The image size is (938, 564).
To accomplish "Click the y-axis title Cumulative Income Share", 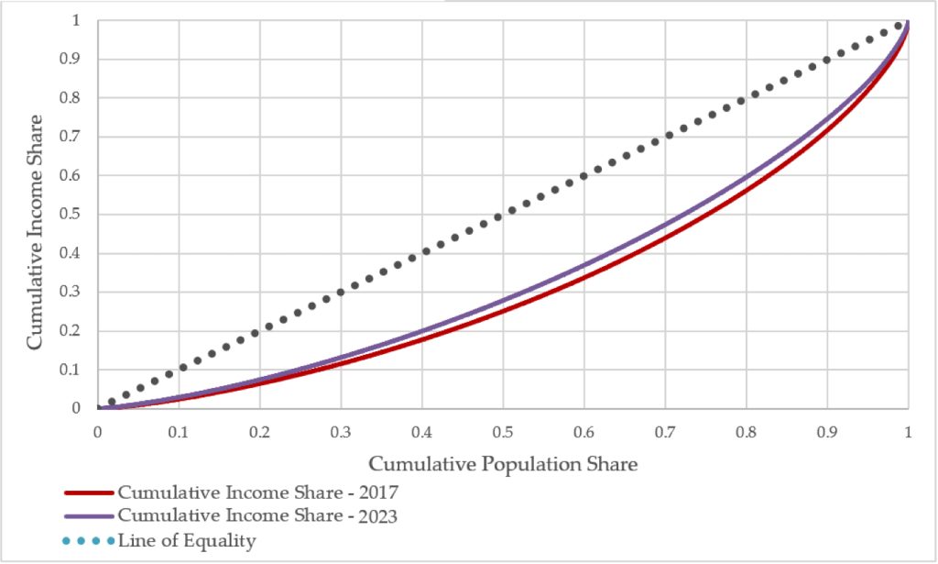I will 35,231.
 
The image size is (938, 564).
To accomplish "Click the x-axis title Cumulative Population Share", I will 503,464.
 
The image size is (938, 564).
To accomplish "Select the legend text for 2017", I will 257,492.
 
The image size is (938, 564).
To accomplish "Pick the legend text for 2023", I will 257,516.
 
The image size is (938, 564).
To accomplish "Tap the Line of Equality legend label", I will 187,541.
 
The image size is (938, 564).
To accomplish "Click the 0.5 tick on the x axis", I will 503,431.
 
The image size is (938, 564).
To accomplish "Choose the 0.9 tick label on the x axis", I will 827,431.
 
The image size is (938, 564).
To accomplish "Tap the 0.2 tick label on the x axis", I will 260,431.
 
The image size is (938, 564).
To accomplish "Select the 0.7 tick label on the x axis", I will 665,431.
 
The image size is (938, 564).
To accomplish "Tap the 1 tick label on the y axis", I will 82,20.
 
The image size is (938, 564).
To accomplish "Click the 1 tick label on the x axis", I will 908,431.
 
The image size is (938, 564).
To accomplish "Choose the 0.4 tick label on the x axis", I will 422,431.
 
